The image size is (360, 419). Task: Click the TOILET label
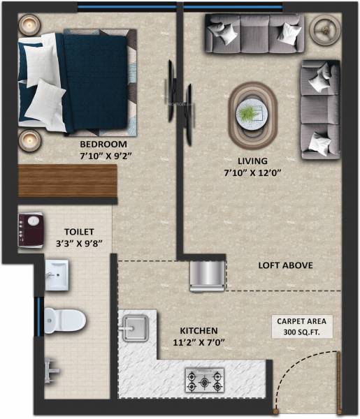point(78,232)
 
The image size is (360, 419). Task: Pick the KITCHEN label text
point(199,330)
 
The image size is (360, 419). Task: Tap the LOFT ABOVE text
point(285,265)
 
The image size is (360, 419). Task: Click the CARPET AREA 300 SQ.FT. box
point(303,326)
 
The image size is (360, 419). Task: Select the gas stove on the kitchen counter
point(204,381)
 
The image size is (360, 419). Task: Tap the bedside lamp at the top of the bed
point(29,27)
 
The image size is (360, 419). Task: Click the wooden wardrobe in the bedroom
point(66,181)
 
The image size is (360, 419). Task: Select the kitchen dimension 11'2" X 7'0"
point(199,342)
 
